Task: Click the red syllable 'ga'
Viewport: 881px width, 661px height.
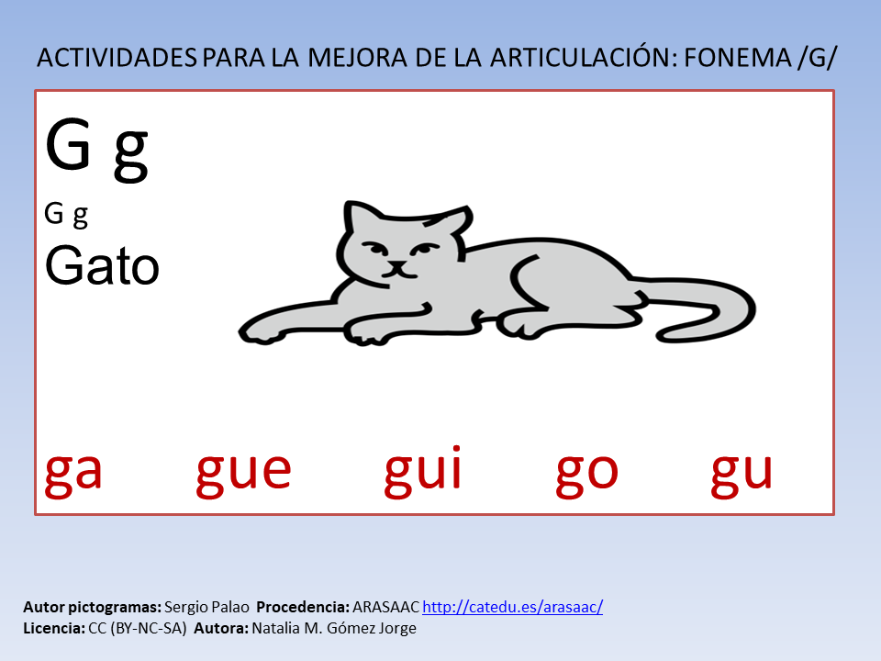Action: (73, 475)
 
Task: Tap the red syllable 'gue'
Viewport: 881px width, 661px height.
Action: (243, 475)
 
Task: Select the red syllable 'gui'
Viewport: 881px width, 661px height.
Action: (422, 471)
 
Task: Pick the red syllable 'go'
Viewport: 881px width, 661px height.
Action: (586, 475)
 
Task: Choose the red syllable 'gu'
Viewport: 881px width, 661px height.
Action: (742, 475)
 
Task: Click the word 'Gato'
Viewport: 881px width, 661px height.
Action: (102, 264)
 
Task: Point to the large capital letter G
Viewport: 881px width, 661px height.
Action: (68, 143)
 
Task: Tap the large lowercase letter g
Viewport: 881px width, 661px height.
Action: (131, 154)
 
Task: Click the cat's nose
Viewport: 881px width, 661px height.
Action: (397, 265)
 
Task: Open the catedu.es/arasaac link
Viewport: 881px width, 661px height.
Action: (512, 607)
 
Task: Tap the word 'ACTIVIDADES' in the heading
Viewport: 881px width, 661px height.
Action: (117, 58)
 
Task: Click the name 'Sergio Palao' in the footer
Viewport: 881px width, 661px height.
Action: (206, 607)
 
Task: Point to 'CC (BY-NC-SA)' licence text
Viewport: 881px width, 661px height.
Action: (137, 628)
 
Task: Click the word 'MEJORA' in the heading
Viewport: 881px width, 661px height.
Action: (357, 58)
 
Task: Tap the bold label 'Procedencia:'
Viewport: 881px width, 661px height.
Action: (303, 607)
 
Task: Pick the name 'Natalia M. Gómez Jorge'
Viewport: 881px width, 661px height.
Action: (334, 628)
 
